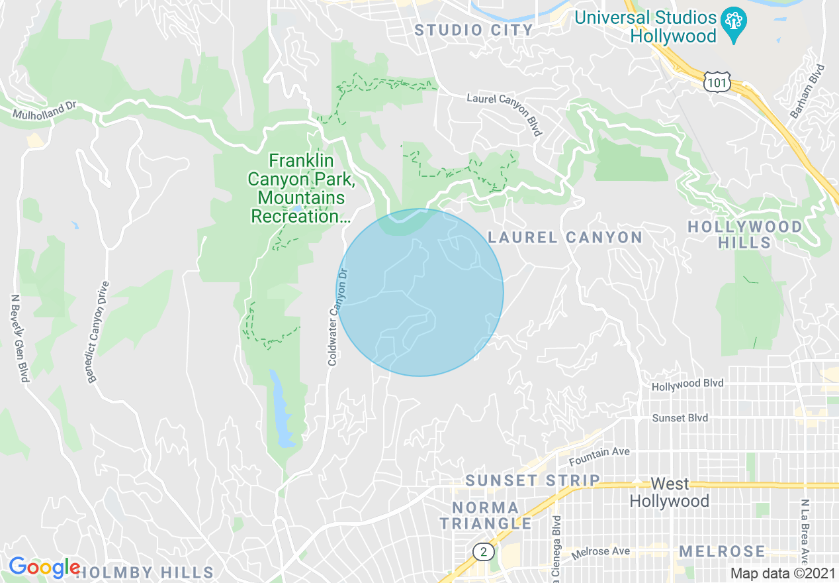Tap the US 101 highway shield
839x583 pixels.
coord(717,82)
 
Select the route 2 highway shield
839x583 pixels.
coord(484,551)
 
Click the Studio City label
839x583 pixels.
coord(474,30)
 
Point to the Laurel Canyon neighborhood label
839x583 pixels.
coord(565,237)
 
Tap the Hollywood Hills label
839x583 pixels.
coord(744,235)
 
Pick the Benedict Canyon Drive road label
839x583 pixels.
coord(97,331)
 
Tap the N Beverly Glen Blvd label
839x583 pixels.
coord(19,338)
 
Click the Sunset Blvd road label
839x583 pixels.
coord(680,418)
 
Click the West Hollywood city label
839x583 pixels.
coord(669,492)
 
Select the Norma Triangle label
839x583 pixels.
coord(486,515)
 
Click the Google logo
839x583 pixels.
coord(44,567)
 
